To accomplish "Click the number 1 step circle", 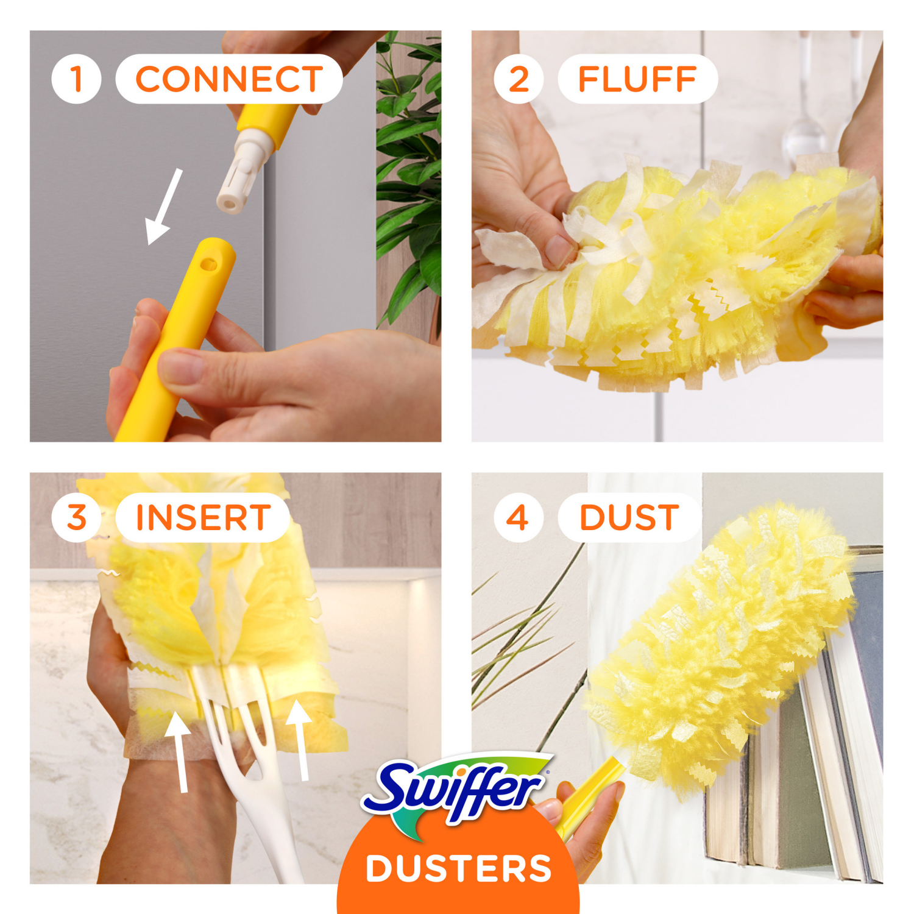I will (76, 79).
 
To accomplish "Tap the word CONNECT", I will (228, 79).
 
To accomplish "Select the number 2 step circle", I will (518, 79).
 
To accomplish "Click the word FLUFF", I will (637, 79).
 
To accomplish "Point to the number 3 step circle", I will (76, 517).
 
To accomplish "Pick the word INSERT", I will (203, 517).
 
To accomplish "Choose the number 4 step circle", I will (518, 517).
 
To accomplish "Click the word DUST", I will (629, 517).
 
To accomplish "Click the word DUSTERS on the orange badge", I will (458, 868).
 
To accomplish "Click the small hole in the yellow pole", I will (208, 264).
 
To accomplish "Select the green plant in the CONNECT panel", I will (408, 177).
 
